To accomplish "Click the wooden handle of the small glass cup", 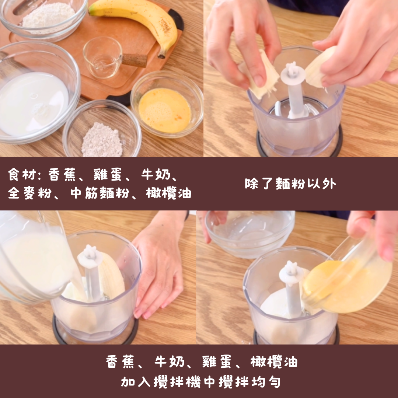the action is coord(135,60).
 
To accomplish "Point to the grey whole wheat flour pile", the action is coord(102,140).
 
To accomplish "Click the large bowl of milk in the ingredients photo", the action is coord(38,92).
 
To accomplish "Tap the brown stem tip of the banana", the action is coord(162,55).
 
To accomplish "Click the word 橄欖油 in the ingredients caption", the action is coord(168,193).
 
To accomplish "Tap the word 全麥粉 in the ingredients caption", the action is coord(30,193).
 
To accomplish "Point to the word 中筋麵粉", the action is coord(100,193).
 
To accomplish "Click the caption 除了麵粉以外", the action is coord(290,184).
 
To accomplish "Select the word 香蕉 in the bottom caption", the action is coord(120,362).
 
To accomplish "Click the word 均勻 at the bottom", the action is coord(266,382).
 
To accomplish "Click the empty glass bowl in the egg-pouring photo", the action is coord(250,234).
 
